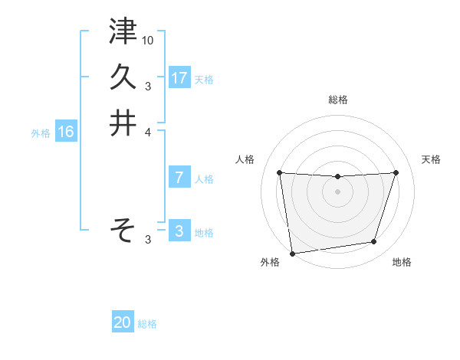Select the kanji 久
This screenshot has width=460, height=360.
pos(123,77)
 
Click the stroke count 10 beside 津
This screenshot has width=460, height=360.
pos(149,39)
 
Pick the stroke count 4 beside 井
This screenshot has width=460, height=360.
pos(149,131)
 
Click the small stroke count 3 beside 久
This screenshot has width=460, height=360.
pos(147,86)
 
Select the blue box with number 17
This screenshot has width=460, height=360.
pos(179,77)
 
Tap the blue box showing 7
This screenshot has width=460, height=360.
pos(179,178)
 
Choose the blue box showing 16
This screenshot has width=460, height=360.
pos(66,132)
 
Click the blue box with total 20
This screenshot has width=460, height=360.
pos(123,322)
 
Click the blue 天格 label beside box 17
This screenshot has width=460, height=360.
pos(204,79)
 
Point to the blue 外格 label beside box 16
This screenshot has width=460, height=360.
pos(41,133)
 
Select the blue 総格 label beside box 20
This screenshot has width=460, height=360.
pos(147,324)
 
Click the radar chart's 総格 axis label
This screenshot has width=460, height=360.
pos(338,100)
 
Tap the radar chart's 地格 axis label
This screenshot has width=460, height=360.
pos(402,263)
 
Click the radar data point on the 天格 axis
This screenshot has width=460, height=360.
pos(396,173)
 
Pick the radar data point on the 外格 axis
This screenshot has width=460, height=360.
pos(292,253)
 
